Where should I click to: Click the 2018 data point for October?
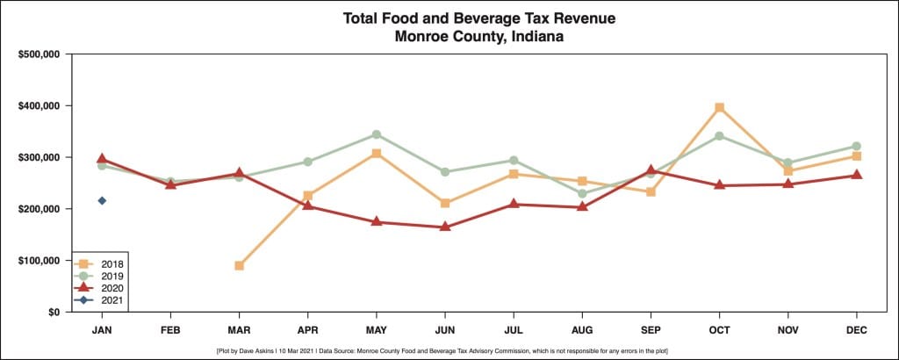[719, 107]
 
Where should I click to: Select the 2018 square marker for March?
[239, 265]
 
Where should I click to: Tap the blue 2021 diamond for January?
[102, 200]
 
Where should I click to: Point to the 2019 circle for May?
[376, 134]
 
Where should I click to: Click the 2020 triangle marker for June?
[444, 227]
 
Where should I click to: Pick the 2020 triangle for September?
[651, 169]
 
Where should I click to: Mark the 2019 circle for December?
[856, 146]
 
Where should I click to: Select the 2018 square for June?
[444, 203]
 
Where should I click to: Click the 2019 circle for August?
[582, 194]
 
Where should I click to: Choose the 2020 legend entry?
[101, 288]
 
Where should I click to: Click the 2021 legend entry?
[101, 300]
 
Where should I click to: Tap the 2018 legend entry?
[101, 263]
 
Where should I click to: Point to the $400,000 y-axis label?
[39, 105]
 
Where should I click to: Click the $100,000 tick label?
[39, 261]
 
